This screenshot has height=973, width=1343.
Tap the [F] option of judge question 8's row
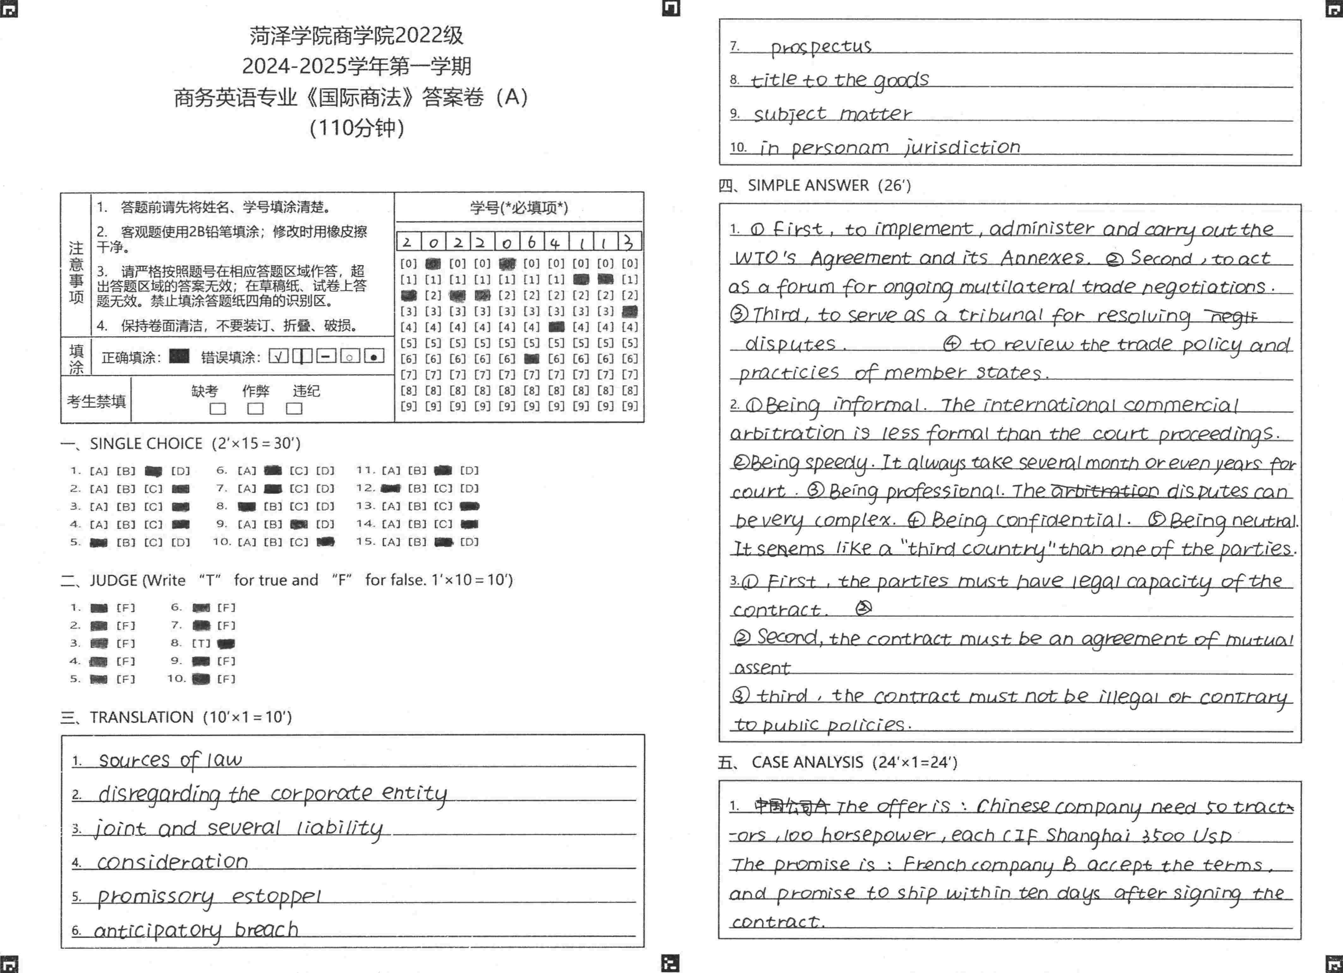(x=226, y=644)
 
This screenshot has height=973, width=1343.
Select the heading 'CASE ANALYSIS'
(x=807, y=762)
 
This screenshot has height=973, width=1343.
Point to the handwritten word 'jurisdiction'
(x=962, y=147)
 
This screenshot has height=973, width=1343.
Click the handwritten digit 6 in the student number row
(x=531, y=242)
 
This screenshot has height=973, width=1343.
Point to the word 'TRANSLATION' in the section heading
(x=142, y=717)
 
